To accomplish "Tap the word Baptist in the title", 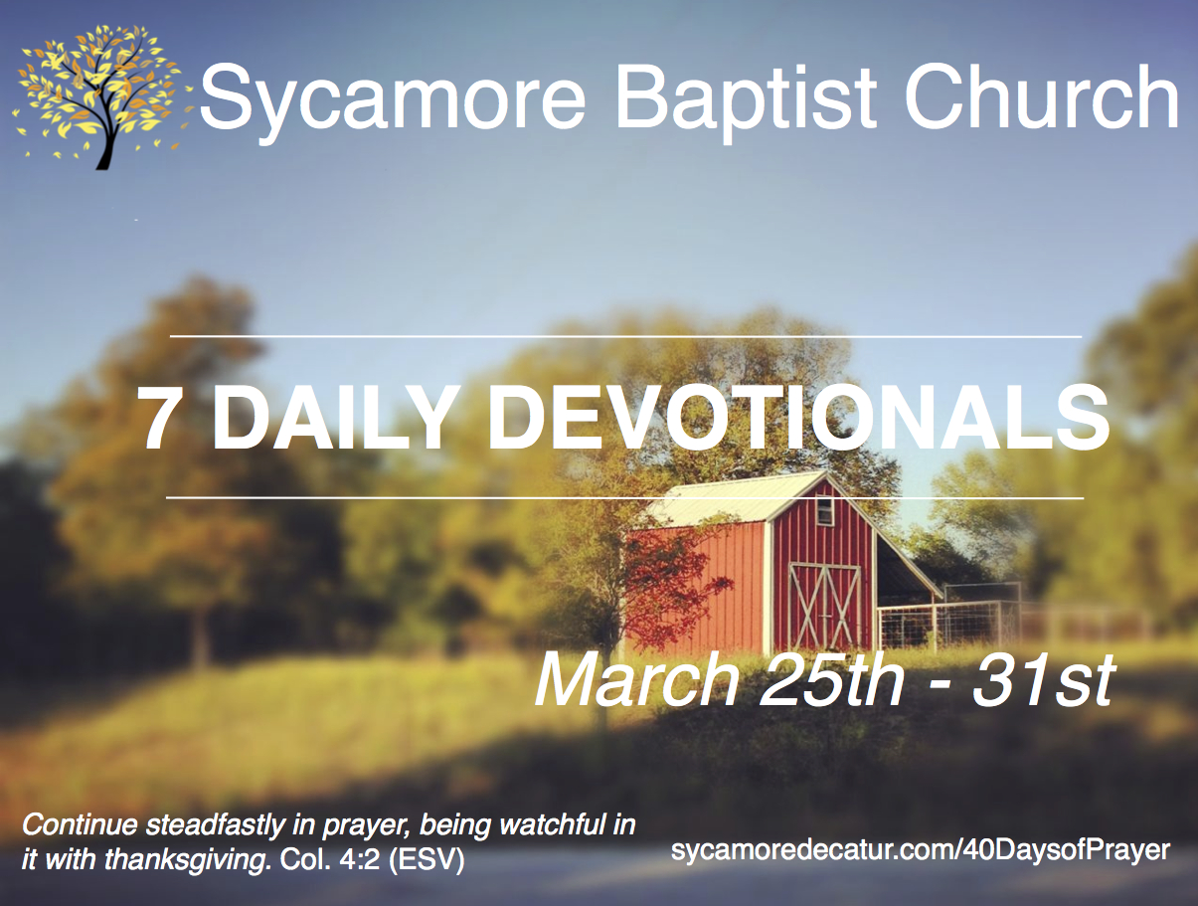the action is pyautogui.click(x=746, y=96).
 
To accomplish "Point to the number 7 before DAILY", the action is pyautogui.click(x=163, y=419).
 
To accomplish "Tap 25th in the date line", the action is pyautogui.click(x=832, y=681).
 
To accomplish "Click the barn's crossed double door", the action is pyautogui.click(x=825, y=606).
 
